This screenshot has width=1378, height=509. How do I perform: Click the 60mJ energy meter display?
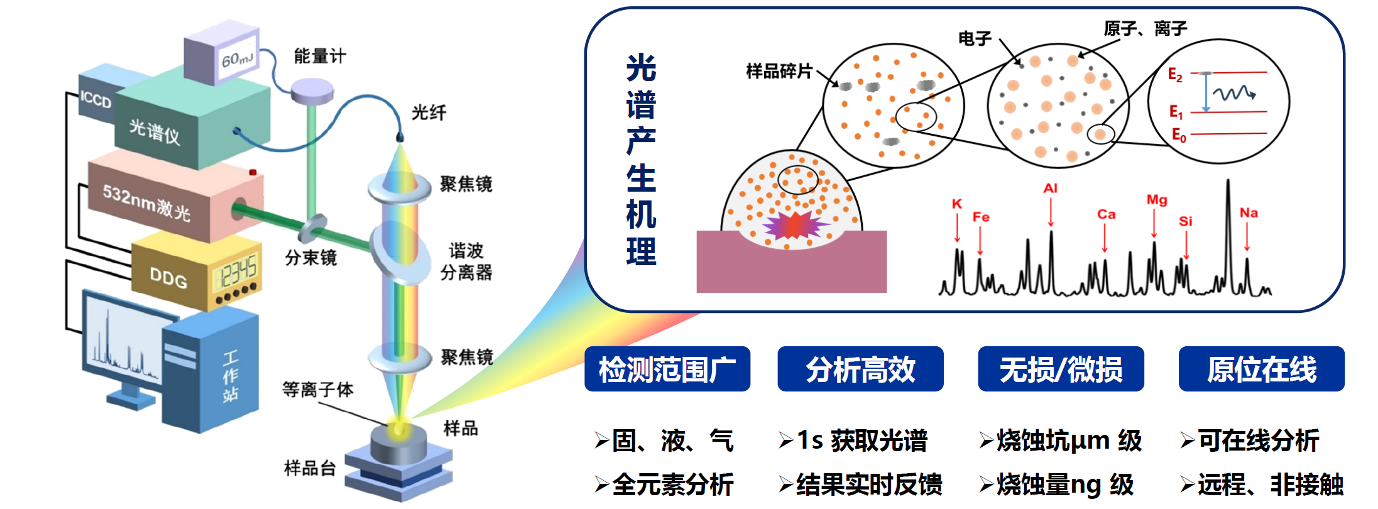(237, 59)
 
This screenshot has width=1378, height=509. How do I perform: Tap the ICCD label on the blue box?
(96, 99)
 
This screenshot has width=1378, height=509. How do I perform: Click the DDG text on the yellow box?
(168, 277)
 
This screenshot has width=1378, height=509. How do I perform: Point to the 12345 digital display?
(235, 272)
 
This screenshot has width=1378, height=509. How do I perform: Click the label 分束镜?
(310, 258)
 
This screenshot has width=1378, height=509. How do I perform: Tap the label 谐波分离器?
(466, 261)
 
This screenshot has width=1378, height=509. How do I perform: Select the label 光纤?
(429, 112)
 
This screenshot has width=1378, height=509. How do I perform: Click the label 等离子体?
(317, 390)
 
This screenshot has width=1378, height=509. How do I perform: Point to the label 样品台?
(310, 468)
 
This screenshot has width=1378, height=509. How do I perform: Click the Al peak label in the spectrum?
(1050, 188)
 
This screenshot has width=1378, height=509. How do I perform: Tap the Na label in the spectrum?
(1248, 213)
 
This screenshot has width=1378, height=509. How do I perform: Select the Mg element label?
(1156, 200)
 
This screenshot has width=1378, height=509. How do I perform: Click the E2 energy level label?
(1174, 75)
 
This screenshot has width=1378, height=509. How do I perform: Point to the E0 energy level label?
(1178, 135)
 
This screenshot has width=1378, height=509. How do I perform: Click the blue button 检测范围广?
(667, 369)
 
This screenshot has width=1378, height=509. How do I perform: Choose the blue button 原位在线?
(1261, 369)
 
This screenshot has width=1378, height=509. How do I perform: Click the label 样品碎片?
(779, 71)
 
